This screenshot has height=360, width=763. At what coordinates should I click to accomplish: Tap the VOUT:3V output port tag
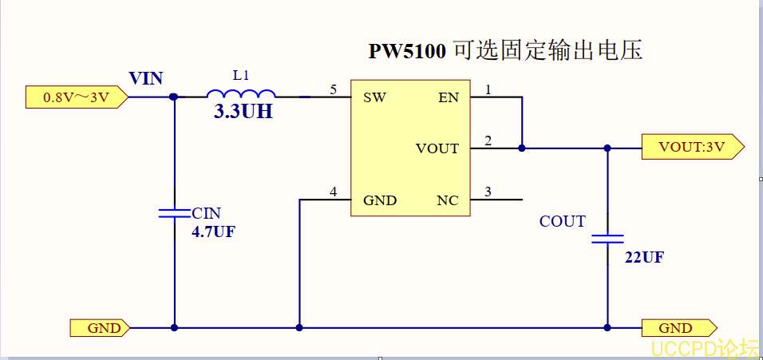coord(691,148)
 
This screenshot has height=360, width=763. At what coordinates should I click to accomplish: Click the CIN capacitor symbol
coord(174,213)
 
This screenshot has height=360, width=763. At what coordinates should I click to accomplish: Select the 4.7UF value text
coord(213,232)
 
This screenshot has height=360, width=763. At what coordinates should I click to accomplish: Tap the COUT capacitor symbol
coord(607,238)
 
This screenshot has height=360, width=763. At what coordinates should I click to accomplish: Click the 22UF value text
coord(644,258)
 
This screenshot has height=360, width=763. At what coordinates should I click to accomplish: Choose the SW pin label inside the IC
coord(375,98)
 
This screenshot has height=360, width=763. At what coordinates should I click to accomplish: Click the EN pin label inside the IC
coord(449,98)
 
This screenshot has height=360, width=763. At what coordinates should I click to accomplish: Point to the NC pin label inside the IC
coord(448,200)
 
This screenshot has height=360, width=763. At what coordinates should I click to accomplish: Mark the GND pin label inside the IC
coord(380,200)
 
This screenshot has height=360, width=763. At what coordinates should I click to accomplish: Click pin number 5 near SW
coord(334,89)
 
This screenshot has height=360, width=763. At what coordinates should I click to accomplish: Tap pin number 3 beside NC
coord(488,191)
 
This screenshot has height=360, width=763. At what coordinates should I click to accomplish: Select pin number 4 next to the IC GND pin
coord(334,191)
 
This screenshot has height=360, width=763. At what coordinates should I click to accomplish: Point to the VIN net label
coord(146,78)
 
